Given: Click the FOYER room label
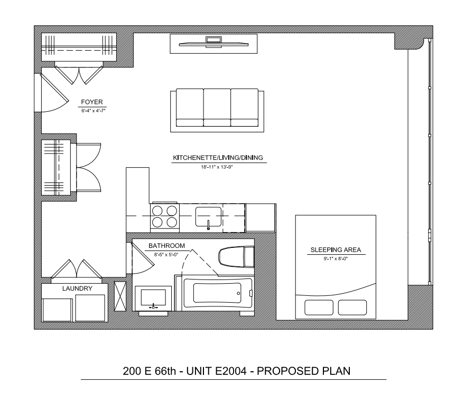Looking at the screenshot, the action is tap(92, 102).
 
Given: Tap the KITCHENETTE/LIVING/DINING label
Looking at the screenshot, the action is tap(218, 158).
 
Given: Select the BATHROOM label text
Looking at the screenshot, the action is tap(166, 246).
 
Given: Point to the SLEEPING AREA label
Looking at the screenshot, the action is tap(336, 250).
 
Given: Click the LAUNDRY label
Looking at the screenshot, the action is tap(77, 288).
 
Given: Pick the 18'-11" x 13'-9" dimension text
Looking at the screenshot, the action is tap(217, 167).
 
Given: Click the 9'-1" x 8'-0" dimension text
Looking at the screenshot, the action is tap(336, 258).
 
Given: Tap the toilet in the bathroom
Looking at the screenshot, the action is tap(236, 257).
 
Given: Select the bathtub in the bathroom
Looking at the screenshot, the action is tap(218, 294).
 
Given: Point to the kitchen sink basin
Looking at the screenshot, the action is tap(209, 216).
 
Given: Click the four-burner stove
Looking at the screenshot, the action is tap(165, 217).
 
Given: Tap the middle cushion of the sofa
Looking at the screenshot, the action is tap(217, 108).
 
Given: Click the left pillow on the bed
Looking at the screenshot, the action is tap(319, 307).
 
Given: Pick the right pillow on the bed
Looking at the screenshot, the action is tap(352, 307).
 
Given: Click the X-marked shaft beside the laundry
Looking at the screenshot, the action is tap(120, 296).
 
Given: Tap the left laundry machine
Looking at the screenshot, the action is tap(58, 310).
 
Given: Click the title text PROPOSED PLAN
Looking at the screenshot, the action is tap(303, 371).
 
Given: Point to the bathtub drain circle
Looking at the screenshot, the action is tap(238, 293).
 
